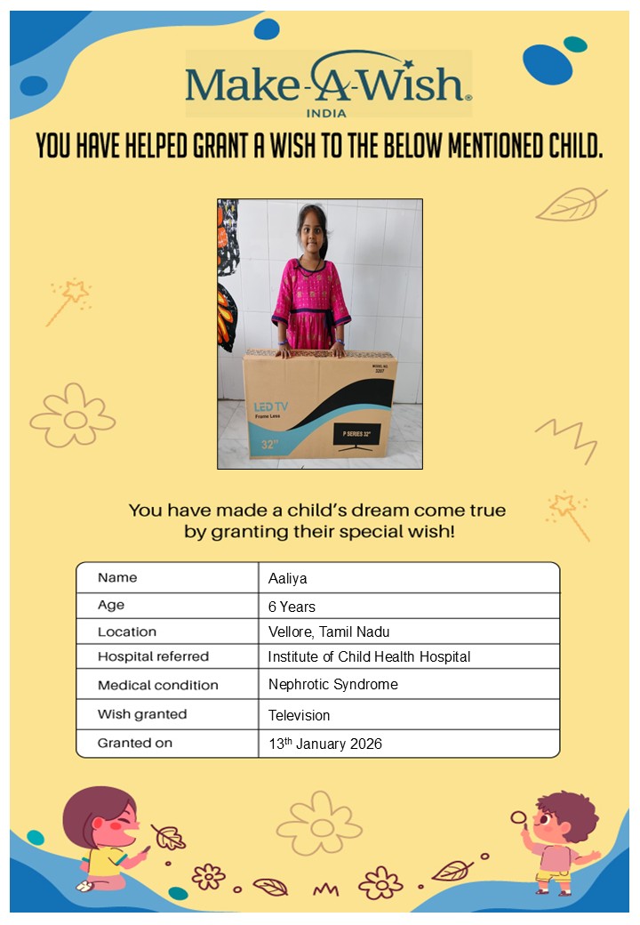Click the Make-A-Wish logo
[x=327, y=83]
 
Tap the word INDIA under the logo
[x=327, y=112]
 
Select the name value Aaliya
[x=287, y=579]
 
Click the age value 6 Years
[x=292, y=607]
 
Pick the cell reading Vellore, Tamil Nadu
[x=329, y=632]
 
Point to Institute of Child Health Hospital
[x=369, y=657]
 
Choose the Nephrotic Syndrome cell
[x=332, y=685]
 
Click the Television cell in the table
[x=299, y=714]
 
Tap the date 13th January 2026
[x=324, y=744]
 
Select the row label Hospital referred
[x=153, y=657]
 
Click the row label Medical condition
[x=157, y=686]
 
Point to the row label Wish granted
[x=142, y=714]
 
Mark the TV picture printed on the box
[x=356, y=435]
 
